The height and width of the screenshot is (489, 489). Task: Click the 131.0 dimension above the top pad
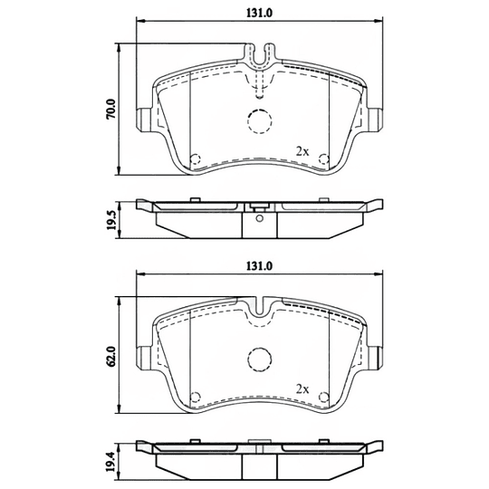tap(260, 13)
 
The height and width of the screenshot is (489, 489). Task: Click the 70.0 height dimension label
tap(111, 109)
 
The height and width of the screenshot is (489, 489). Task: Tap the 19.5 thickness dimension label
tap(111, 220)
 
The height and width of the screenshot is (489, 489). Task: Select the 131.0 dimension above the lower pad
tap(260, 266)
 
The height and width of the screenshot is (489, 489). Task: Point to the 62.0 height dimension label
tap(111, 356)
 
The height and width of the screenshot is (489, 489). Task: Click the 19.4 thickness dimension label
tap(111, 463)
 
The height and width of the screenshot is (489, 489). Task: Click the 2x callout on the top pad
tap(302, 152)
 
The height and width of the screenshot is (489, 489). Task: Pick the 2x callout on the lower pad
tap(302, 388)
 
